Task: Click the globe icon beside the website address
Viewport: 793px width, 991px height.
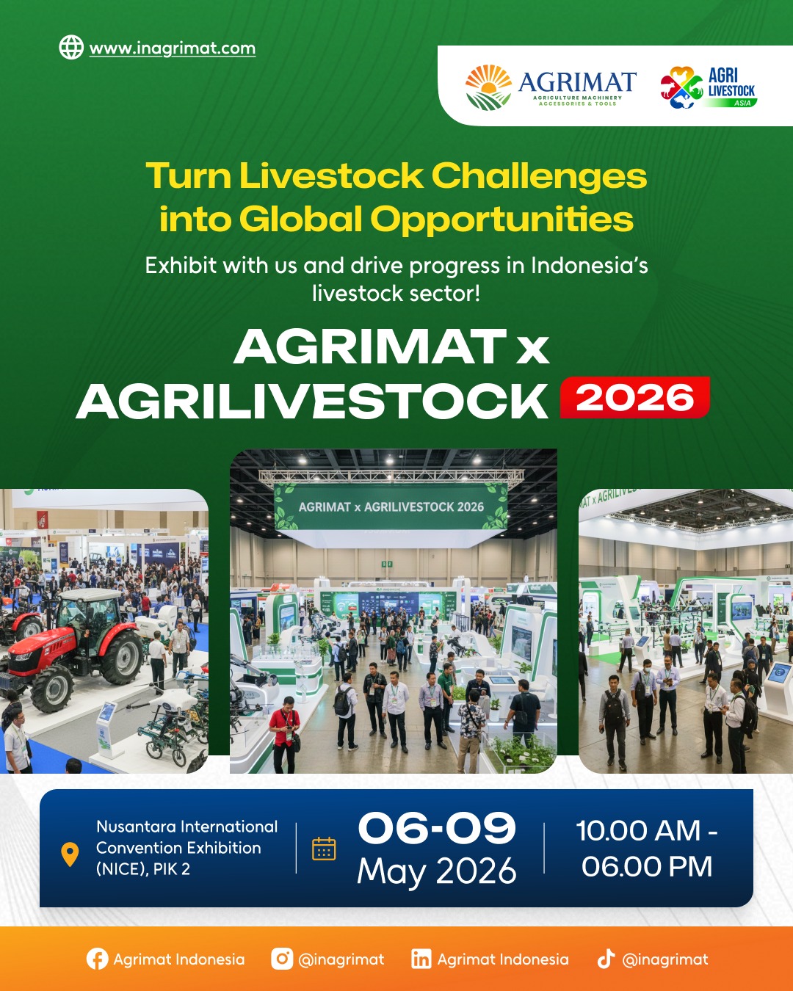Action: tap(71, 48)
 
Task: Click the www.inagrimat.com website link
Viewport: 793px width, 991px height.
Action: tap(173, 49)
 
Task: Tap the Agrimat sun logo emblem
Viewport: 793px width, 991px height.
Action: tap(488, 87)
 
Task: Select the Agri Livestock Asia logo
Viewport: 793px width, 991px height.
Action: tap(708, 87)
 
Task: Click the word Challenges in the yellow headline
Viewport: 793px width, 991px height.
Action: tap(539, 176)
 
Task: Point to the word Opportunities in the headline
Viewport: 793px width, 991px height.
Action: tap(501, 219)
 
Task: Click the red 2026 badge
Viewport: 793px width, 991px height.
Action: tap(635, 398)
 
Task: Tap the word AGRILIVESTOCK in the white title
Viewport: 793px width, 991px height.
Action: tap(312, 402)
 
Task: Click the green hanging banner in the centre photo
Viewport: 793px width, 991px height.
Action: tap(391, 507)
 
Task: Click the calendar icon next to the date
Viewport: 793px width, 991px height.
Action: tap(324, 849)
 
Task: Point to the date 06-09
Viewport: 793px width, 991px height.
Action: tap(437, 829)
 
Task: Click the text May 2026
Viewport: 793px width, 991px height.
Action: tap(437, 871)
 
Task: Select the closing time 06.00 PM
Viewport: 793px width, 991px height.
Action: tap(647, 867)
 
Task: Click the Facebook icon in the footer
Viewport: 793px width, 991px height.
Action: tap(97, 959)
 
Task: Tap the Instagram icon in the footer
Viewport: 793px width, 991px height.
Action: tap(282, 959)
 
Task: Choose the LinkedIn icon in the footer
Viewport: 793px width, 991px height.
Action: tap(421, 959)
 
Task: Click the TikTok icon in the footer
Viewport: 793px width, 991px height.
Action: tap(606, 959)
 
